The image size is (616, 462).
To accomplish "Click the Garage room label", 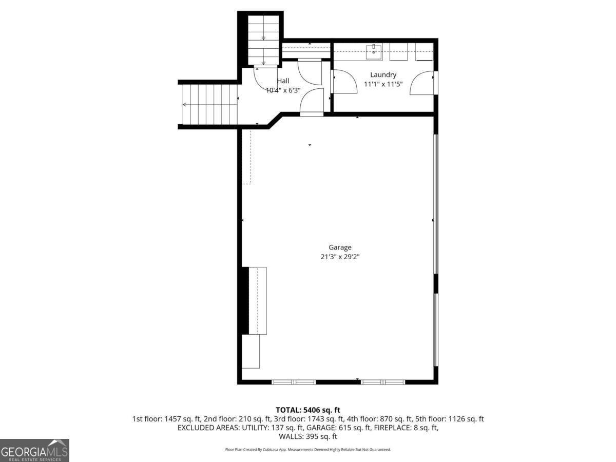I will tap(340, 247).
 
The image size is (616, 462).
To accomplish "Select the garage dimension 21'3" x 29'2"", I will tap(340, 257).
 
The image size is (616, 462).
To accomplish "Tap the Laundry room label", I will tap(383, 75).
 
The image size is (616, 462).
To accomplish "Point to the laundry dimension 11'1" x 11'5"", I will tap(383, 84).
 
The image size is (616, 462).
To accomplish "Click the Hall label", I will tap(283, 81).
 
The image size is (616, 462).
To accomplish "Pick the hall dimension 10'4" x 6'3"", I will tap(283, 90).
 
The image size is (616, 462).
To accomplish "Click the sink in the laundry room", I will tap(374, 50).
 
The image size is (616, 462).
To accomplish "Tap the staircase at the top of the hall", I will tap(263, 40).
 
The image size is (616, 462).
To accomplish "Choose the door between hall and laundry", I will tap(343, 82).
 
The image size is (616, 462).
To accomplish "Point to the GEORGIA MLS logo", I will tap(34, 450).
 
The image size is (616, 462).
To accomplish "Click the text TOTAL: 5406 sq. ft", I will tap(308, 410).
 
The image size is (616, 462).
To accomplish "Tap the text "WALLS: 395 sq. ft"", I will tap(308, 437).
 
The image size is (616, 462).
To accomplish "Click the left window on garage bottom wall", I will tap(294, 382).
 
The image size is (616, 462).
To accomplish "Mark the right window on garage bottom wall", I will tap(383, 382).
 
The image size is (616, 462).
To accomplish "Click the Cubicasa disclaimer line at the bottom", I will tap(308, 450).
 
